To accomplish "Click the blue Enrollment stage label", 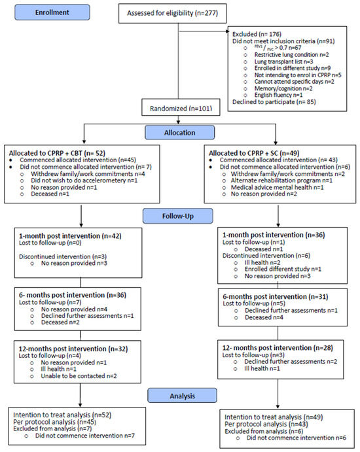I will point(52,12).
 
